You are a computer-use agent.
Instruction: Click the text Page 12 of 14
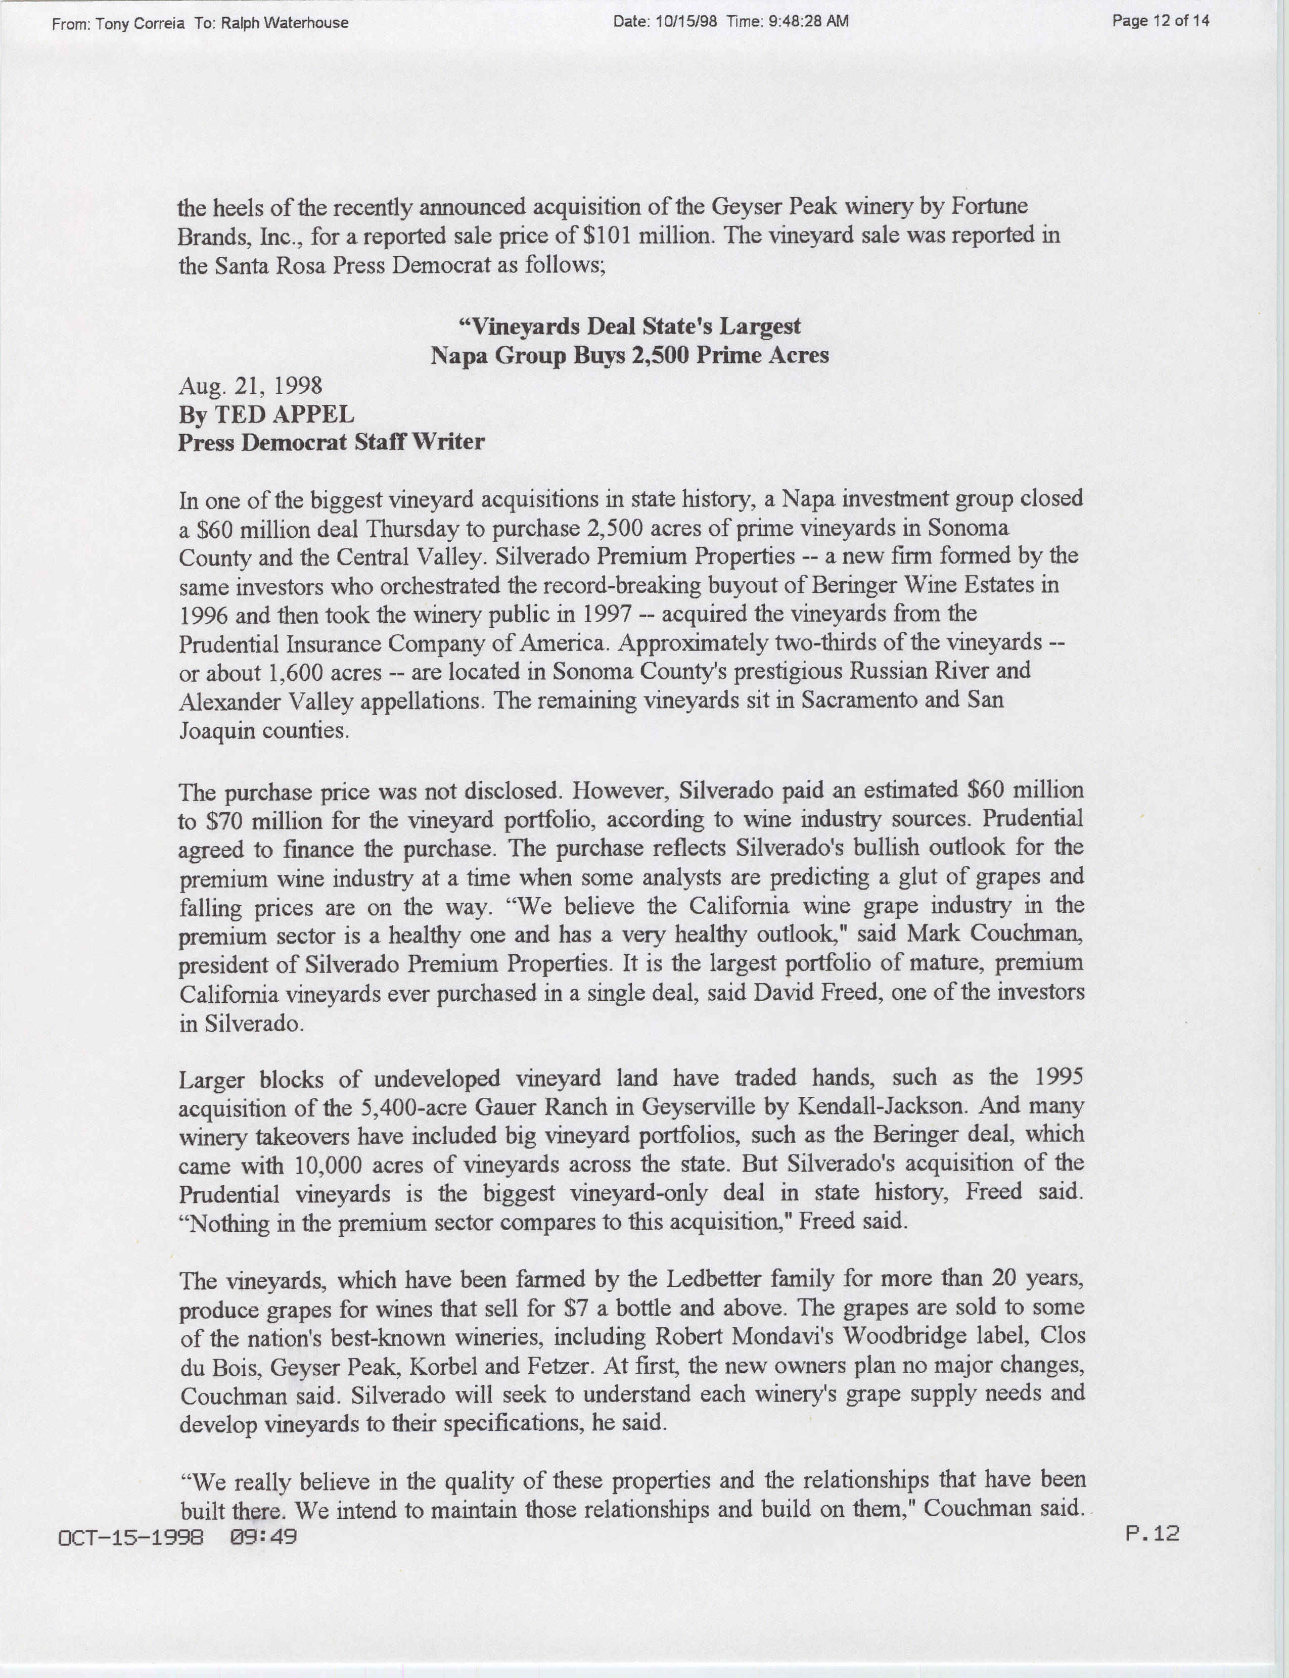[1160, 21]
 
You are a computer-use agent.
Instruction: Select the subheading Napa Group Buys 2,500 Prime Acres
[629, 355]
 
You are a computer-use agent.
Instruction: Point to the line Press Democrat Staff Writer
[332, 442]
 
